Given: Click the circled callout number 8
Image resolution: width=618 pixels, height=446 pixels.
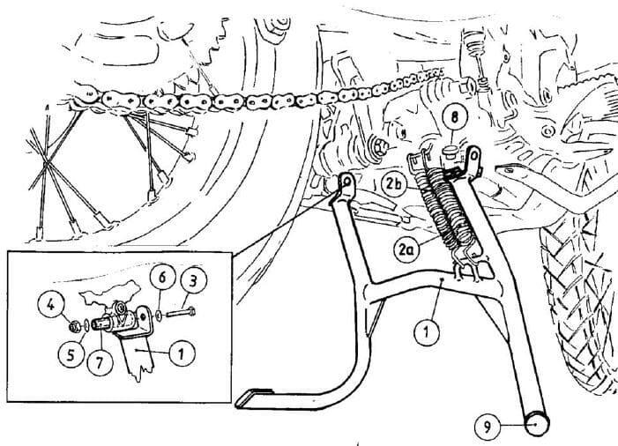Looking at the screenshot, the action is click(455, 117).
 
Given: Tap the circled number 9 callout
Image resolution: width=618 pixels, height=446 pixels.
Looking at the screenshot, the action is click(488, 427).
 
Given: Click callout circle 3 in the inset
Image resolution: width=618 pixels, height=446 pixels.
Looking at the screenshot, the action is click(193, 280).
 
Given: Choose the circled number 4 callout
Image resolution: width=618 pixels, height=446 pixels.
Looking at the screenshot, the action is click(51, 305).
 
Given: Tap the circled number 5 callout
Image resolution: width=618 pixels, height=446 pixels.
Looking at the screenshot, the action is click(71, 354).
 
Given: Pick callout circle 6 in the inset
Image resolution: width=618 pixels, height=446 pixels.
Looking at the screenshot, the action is click(162, 278).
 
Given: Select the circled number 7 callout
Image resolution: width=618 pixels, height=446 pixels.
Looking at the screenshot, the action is click(100, 362).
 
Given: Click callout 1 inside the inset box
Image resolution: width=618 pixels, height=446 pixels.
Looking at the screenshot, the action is click(182, 353).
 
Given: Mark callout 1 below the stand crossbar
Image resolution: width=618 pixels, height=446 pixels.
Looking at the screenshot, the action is click(428, 332).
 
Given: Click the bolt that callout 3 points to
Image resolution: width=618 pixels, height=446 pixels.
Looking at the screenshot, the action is click(181, 314).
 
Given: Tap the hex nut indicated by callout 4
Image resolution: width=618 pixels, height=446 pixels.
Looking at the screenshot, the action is click(74, 326).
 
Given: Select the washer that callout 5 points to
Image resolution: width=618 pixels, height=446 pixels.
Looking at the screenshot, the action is click(86, 326).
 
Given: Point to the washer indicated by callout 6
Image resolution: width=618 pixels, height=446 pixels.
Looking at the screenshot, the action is click(158, 315).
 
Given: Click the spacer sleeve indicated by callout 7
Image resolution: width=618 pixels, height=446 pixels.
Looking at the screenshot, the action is click(102, 324).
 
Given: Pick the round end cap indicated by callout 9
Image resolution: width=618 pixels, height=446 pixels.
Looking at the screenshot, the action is click(536, 423).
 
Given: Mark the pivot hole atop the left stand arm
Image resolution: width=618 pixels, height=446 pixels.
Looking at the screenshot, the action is click(346, 182).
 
